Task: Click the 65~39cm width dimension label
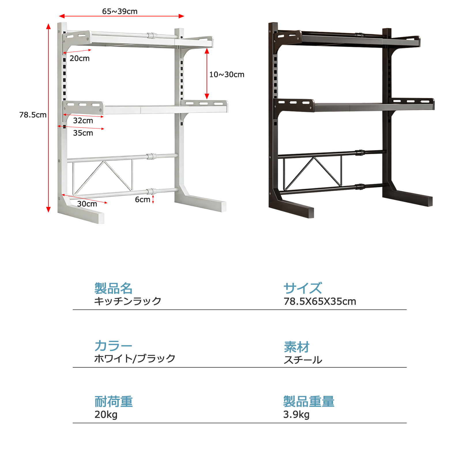coord(120,11)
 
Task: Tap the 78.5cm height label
coord(33,115)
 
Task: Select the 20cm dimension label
coord(80,58)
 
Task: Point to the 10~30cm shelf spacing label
coord(227,74)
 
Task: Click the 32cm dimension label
coord(83,120)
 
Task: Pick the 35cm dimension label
coord(83,133)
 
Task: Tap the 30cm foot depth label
coord(87,204)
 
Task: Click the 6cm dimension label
coord(143,199)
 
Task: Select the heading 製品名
coord(114,288)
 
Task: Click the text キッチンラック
coord(128,301)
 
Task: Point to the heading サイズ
coord(303,288)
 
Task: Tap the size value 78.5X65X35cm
coord(320,301)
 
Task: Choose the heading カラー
coord(114,345)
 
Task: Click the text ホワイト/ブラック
coord(135,358)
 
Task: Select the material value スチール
coord(303,360)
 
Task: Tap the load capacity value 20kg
coord(106,415)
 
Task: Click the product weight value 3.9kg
coord(296,415)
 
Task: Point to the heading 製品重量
coord(309,401)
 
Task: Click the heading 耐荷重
coord(114,401)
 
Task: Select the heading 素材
coord(296,347)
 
